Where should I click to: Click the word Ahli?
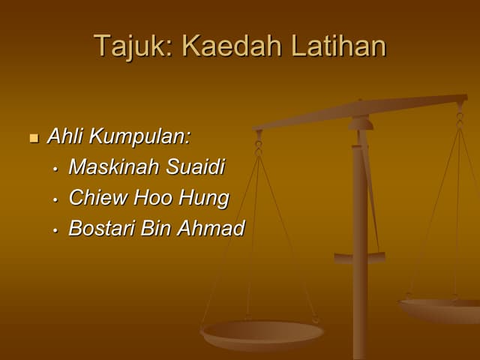[x=64, y=137]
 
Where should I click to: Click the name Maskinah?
[x=114, y=167]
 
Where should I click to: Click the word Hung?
[x=203, y=199]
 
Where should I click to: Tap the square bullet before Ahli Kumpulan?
[x=34, y=139]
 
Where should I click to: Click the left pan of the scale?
[x=262, y=331]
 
